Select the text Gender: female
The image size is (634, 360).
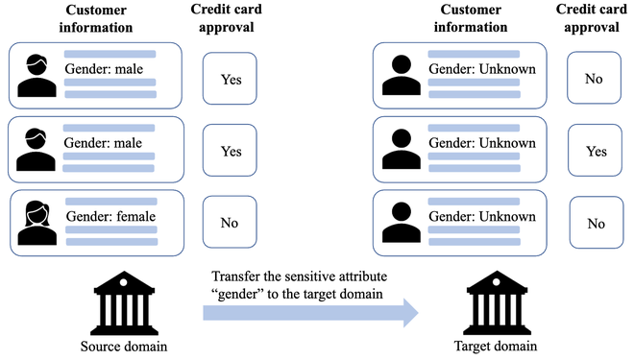109,218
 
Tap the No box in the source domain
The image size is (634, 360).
229,223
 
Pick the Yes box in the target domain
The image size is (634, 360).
596,152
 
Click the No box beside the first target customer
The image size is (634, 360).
595,79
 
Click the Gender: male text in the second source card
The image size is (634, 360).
104,144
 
